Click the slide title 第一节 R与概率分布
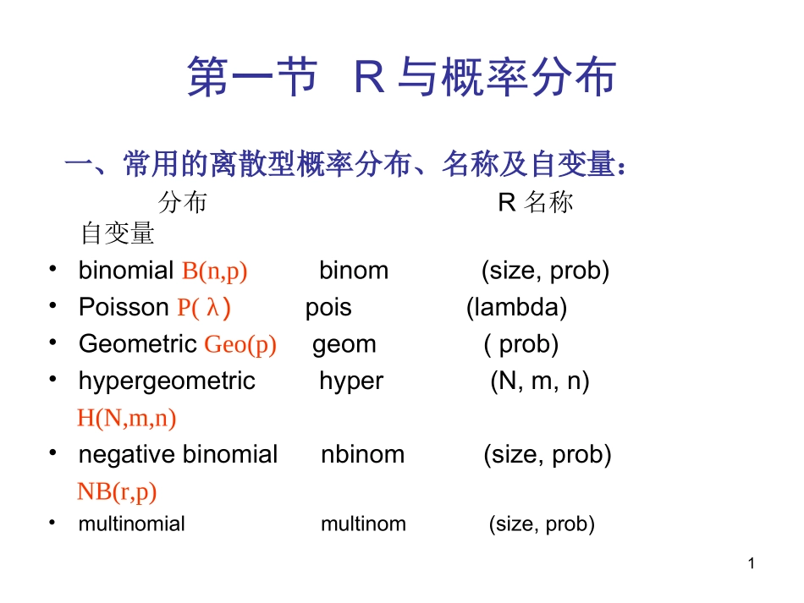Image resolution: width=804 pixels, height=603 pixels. pos(401,79)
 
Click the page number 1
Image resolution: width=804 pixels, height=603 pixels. pos(750,564)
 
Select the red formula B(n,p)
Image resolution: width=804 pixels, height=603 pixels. pos(214,271)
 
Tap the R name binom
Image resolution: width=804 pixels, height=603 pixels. pos(354,271)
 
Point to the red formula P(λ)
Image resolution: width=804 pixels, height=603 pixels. pos(204,308)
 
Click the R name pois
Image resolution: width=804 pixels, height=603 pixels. pos(328,307)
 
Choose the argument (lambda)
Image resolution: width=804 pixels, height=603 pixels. pos(516,307)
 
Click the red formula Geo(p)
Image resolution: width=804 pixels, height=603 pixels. pos(240,345)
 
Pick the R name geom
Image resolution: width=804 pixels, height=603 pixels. pos(344,344)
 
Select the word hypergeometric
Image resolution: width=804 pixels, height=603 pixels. pos(167,381)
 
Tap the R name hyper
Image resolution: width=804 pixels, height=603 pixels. pos(351,381)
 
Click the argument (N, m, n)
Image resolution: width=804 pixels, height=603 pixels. pos(540,381)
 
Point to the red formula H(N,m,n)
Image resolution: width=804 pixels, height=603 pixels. pos(127,418)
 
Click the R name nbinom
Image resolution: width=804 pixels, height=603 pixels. pos(362,455)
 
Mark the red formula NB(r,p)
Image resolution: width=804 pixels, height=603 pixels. pos(117,491)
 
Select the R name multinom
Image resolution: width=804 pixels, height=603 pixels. pos(363,524)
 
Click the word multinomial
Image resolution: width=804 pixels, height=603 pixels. pos(131,524)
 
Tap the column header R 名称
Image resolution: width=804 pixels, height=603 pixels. pos(536,203)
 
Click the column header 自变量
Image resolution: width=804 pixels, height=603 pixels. pos(118,234)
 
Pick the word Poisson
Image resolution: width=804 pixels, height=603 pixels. pos(124,307)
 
